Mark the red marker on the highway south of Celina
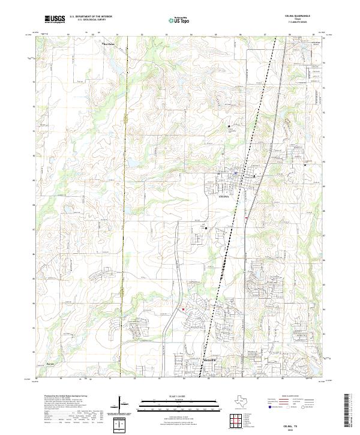coord(246,218)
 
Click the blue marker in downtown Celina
coord(236,173)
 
